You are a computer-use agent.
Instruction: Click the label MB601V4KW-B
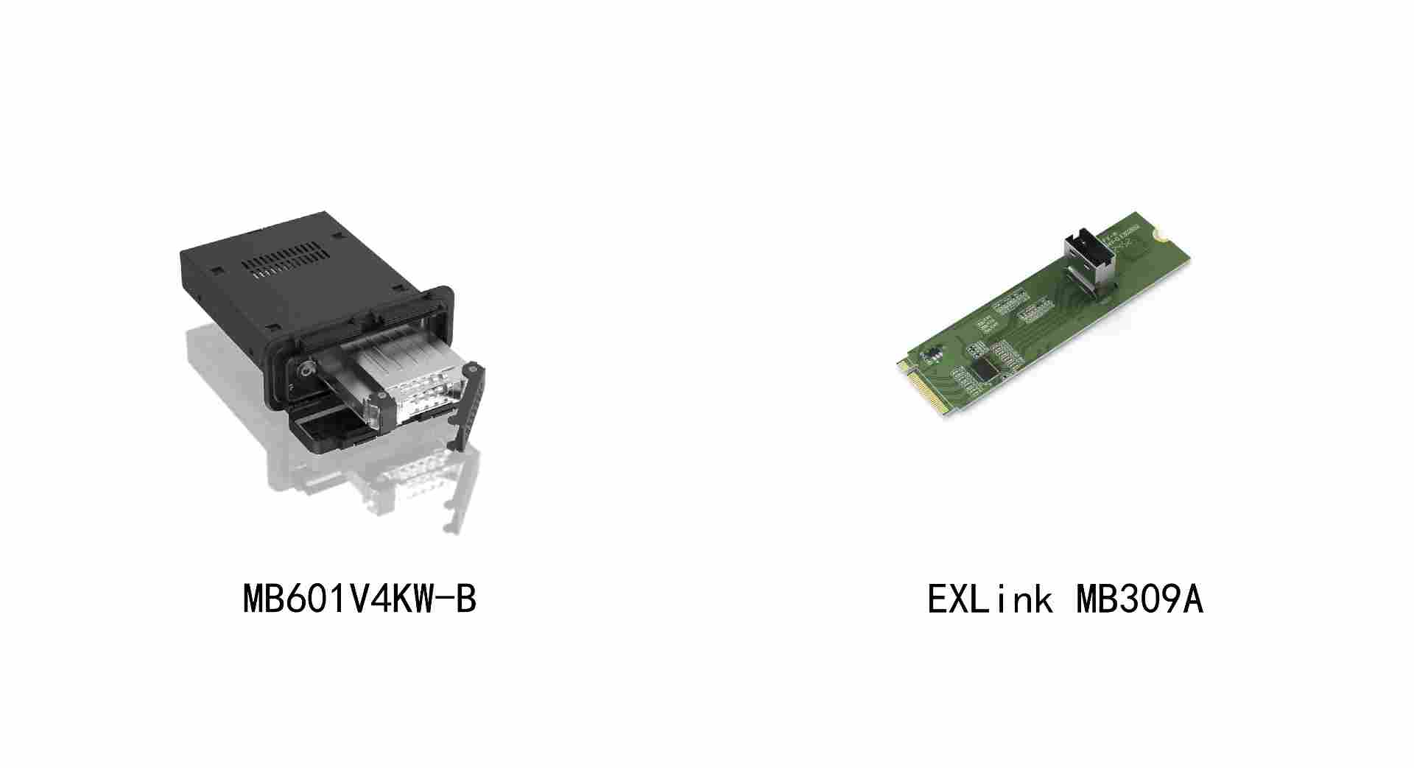point(360,599)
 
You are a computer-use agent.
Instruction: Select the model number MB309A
point(1140,599)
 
